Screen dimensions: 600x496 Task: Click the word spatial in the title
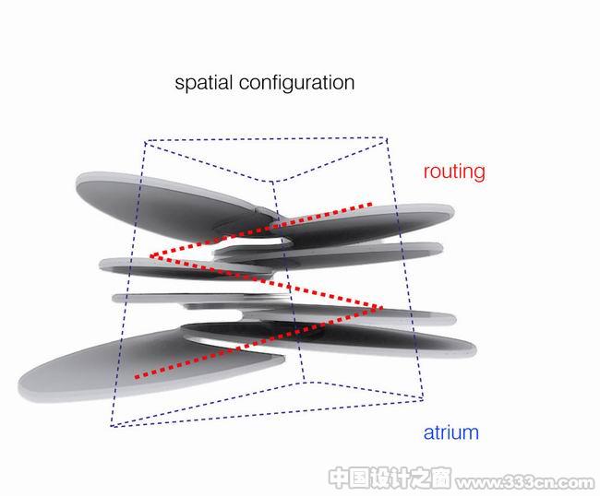(x=204, y=83)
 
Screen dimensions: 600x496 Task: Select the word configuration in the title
(x=297, y=83)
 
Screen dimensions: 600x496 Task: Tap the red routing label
(x=454, y=172)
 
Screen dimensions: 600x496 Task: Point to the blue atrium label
(x=450, y=432)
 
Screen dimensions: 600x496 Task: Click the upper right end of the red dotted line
(x=370, y=205)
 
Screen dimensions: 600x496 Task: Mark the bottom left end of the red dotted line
(x=137, y=377)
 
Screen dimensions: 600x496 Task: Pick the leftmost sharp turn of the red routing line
(x=151, y=256)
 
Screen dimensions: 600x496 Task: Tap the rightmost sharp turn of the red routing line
(x=380, y=308)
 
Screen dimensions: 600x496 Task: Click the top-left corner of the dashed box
(x=146, y=142)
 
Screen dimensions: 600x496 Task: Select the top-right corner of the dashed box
(x=387, y=138)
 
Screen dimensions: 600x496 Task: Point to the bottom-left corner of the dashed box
(x=112, y=426)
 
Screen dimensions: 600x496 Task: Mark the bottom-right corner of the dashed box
(x=423, y=400)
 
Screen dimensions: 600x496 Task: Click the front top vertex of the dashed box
(x=272, y=182)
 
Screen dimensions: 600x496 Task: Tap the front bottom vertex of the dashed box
(x=305, y=382)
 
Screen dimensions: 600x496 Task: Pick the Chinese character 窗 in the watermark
(x=439, y=478)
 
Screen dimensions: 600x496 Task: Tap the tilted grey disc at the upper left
(x=168, y=203)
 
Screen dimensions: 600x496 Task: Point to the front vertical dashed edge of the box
(x=289, y=281)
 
